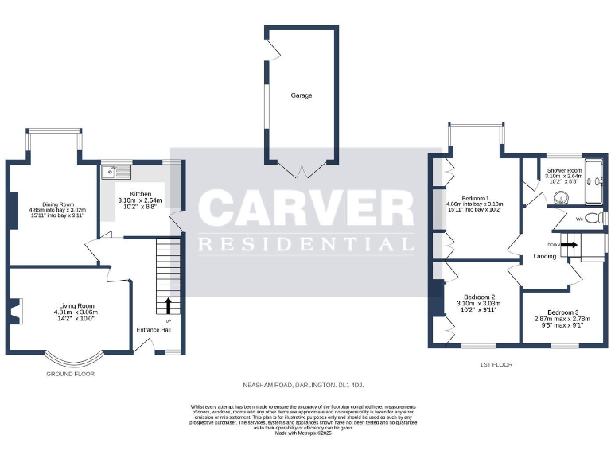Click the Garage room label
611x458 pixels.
(x=301, y=95)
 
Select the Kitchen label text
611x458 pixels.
(x=141, y=193)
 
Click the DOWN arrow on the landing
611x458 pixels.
(x=568, y=246)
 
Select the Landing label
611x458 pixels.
(x=545, y=256)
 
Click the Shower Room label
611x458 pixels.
(x=564, y=170)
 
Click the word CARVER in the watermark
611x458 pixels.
(x=306, y=209)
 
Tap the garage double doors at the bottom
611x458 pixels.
(x=301, y=168)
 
